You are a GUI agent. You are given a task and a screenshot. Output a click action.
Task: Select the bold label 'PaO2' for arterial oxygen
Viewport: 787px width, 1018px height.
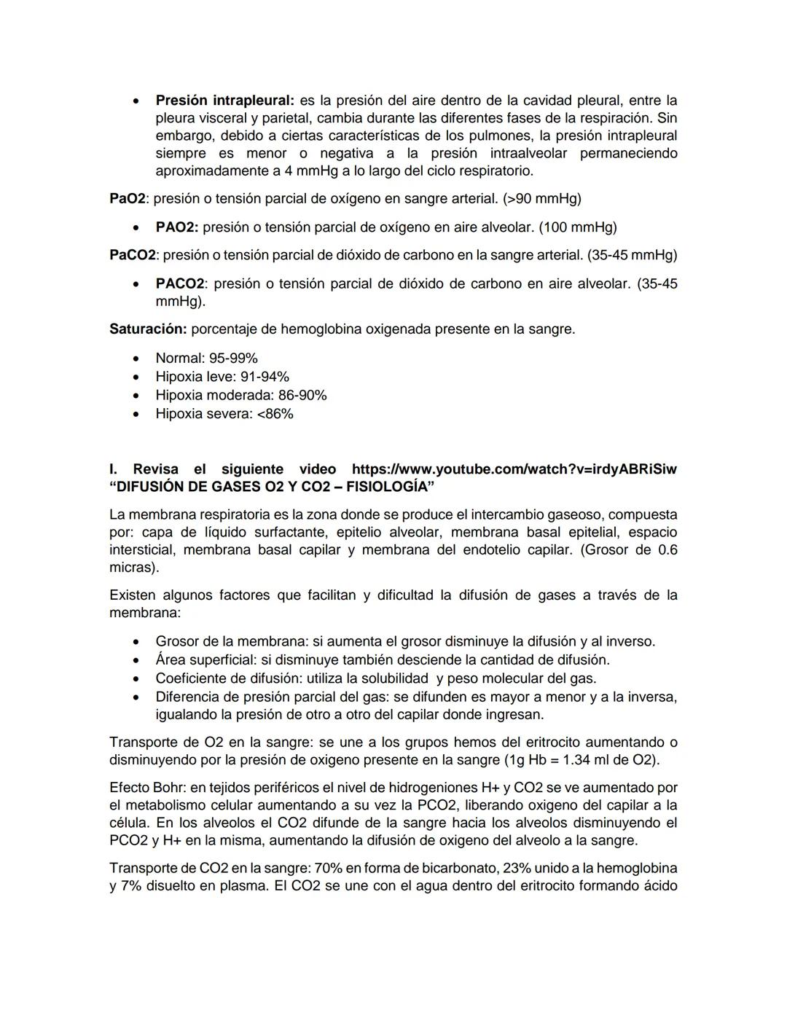coord(127,199)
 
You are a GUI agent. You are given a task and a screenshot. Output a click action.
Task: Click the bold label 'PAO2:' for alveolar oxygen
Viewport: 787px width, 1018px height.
coord(177,227)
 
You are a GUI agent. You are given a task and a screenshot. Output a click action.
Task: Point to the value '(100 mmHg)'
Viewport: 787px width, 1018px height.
coord(577,227)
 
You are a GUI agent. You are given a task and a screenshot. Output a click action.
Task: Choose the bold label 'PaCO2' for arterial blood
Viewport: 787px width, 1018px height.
coord(133,255)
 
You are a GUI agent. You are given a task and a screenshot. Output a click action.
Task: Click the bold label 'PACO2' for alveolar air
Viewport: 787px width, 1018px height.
coord(180,283)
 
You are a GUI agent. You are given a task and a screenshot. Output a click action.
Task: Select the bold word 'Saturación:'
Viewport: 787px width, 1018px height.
coord(148,329)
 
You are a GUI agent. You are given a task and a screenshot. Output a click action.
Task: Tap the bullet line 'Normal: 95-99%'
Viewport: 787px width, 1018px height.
coord(206,359)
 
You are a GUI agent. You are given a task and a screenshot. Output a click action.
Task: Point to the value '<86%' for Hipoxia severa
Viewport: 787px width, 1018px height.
coord(275,414)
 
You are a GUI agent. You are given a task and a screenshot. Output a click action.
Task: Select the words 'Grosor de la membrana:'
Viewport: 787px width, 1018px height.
coord(232,642)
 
